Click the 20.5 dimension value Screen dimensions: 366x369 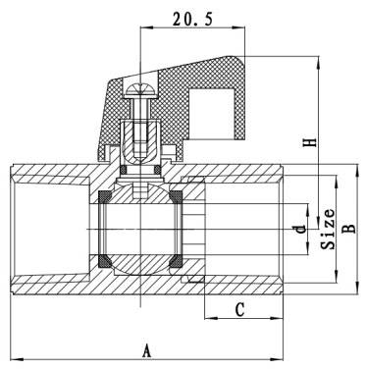(x=193, y=20)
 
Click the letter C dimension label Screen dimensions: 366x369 (x=240, y=309)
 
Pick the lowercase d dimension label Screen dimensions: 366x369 (x=301, y=229)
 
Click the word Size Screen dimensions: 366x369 (x=328, y=229)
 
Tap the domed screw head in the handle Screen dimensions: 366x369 (x=141, y=90)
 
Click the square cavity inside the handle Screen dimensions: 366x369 (x=212, y=113)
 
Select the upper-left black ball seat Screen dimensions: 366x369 (x=105, y=196)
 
